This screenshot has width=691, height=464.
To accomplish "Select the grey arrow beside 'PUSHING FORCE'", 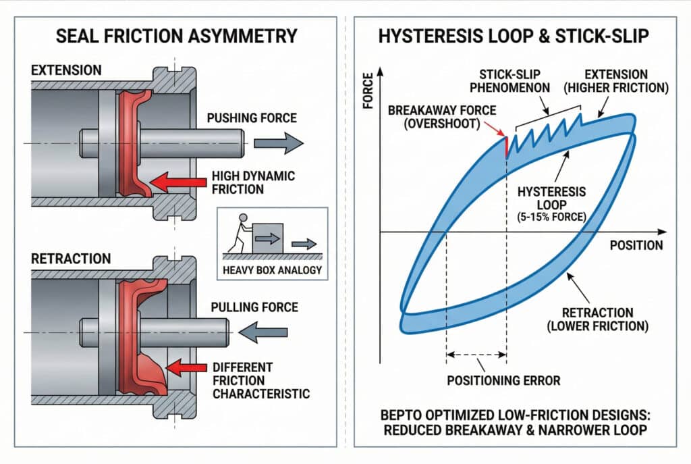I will pyautogui.click(x=278, y=143).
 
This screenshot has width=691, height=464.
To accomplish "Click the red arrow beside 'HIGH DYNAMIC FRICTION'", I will pyautogui.click(x=177, y=181).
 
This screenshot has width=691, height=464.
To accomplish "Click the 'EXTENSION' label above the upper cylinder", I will pyautogui.click(x=66, y=70).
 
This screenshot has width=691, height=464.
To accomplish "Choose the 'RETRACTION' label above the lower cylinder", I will pyautogui.click(x=71, y=258).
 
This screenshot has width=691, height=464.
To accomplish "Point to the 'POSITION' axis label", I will pyautogui.click(x=636, y=244).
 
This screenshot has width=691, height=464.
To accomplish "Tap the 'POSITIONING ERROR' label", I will pyautogui.click(x=503, y=380).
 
